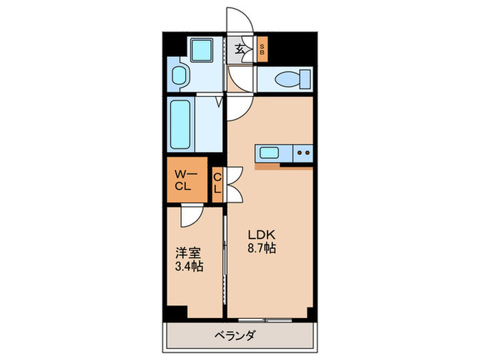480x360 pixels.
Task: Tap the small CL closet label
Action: (x=217, y=184)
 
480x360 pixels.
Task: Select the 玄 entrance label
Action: (x=241, y=49)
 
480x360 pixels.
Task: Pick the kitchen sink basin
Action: (x=268, y=152)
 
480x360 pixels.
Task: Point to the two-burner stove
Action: (x=302, y=152)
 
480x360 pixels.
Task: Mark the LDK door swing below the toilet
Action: (x=240, y=106)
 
